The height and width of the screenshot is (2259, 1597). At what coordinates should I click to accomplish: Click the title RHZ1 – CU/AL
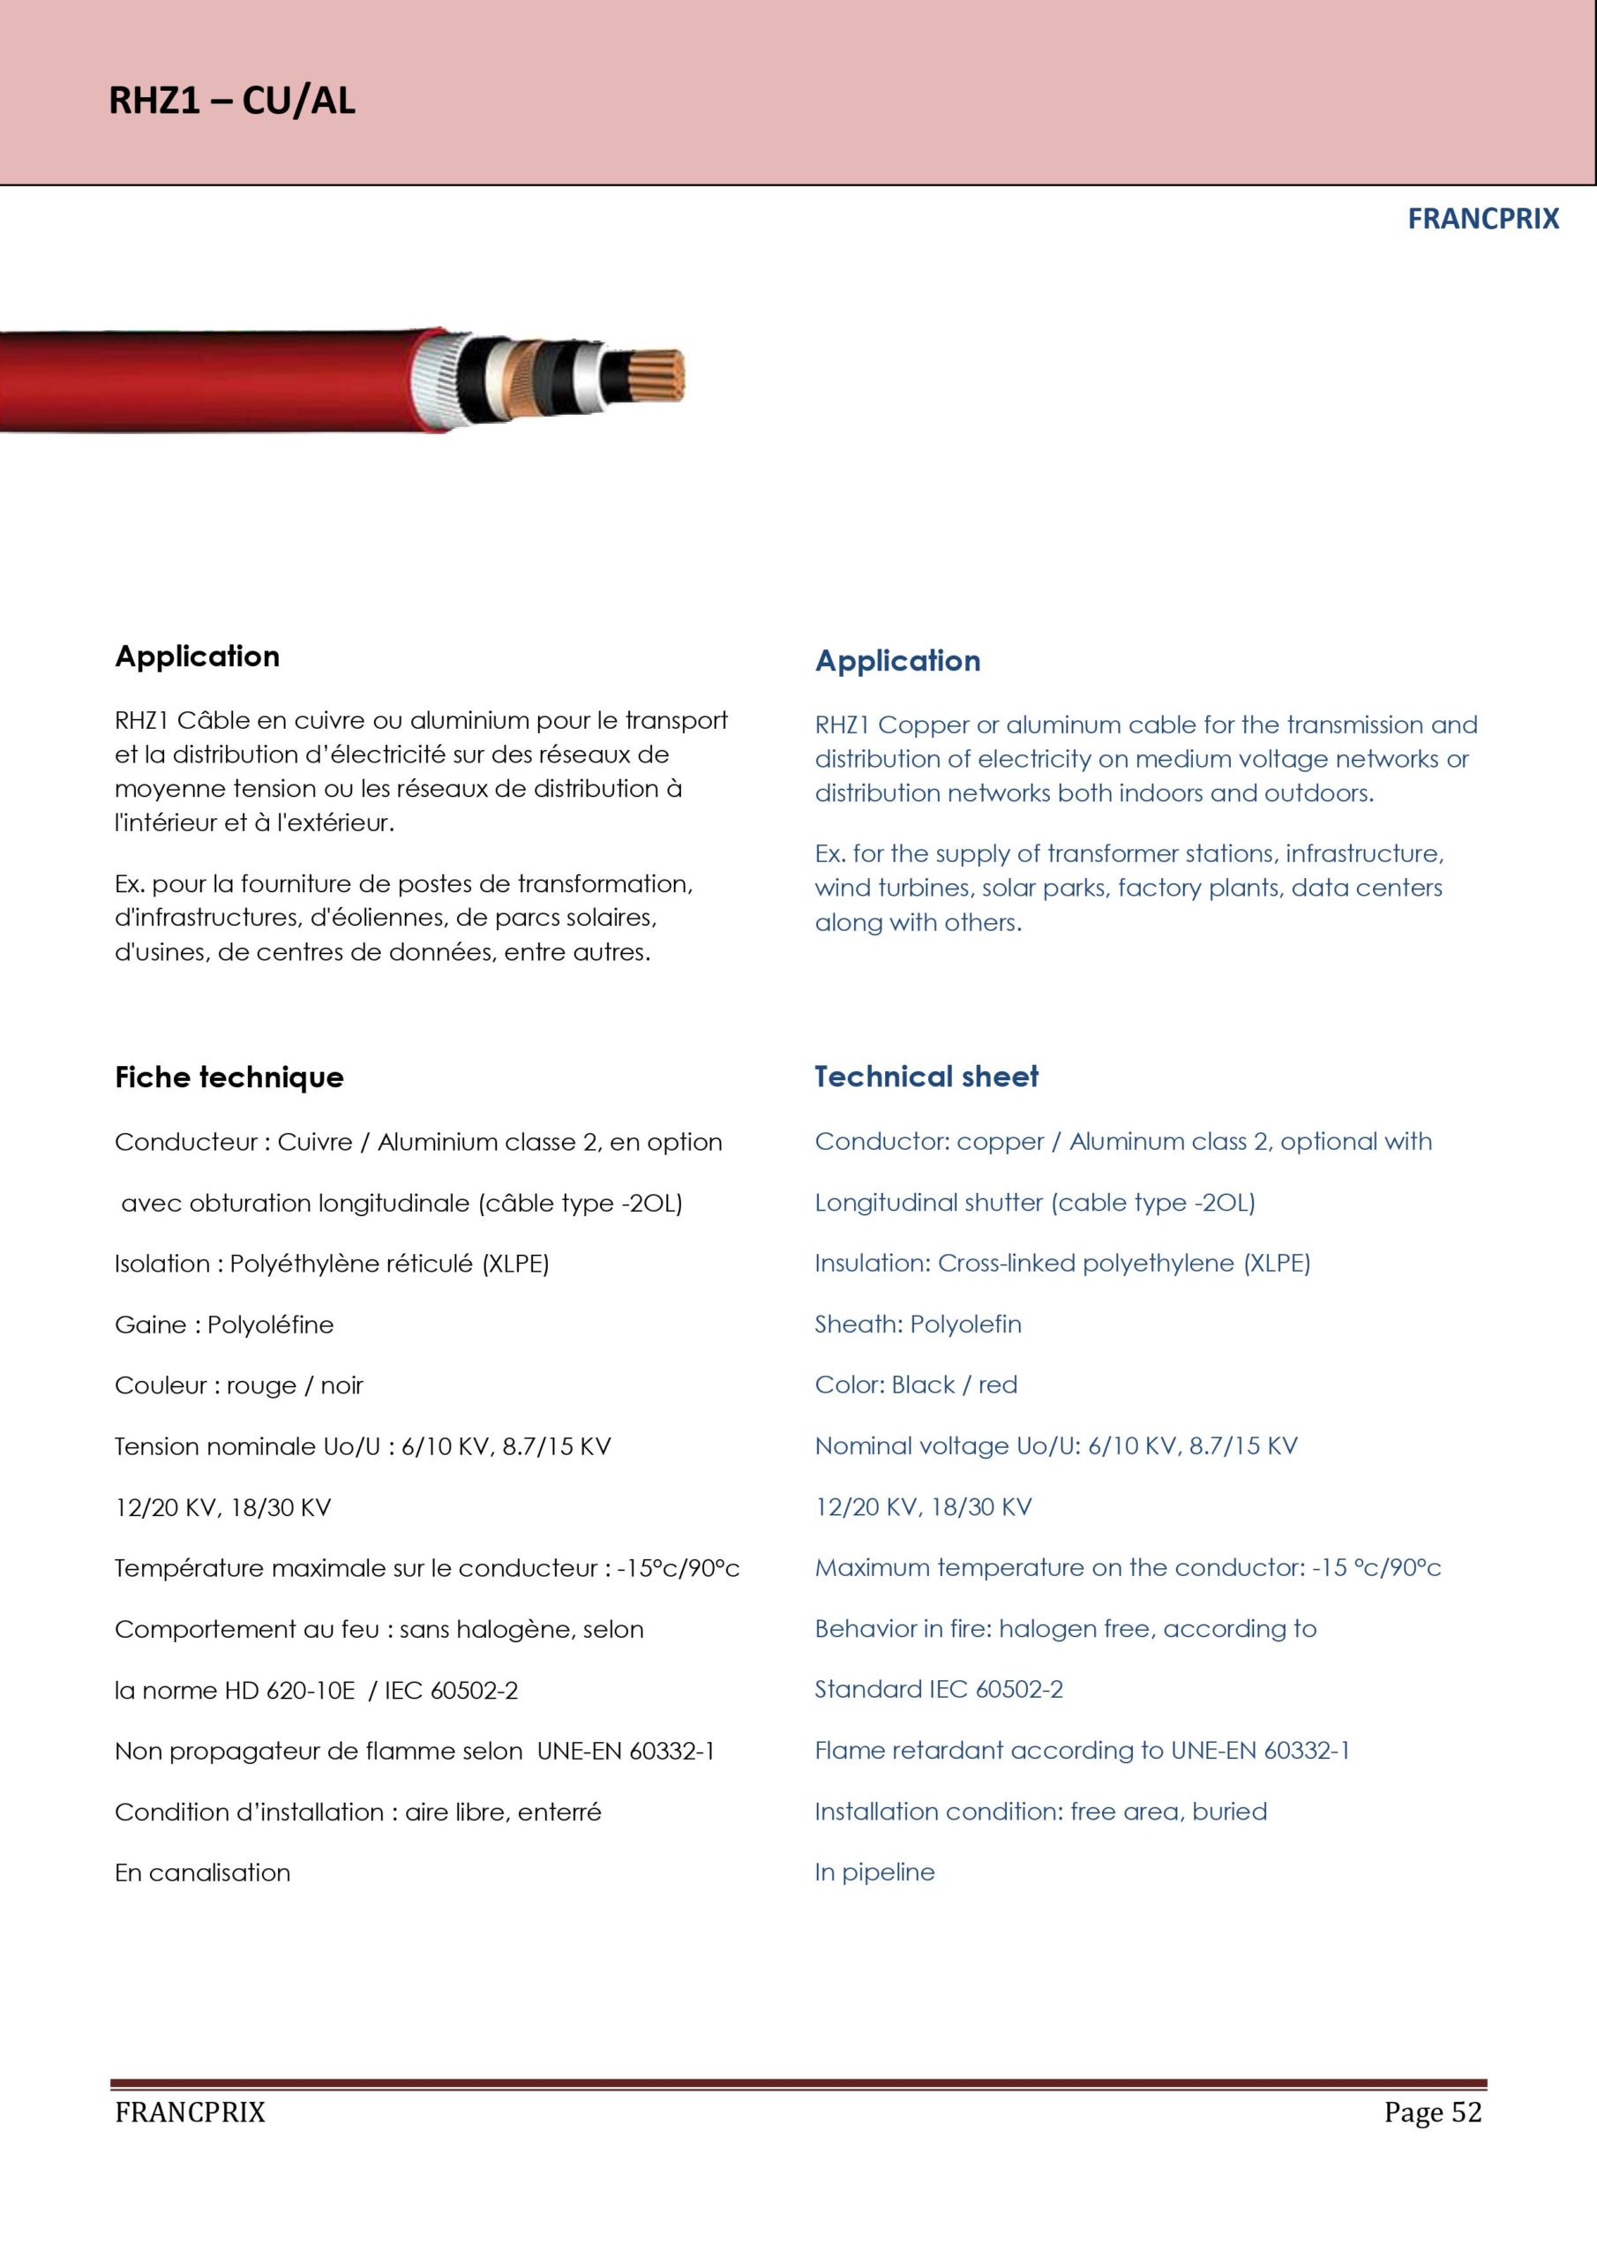[231, 101]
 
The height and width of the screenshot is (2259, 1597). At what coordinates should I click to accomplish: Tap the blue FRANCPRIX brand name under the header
[1482, 219]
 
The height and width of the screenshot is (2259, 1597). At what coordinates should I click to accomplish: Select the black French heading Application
[197, 657]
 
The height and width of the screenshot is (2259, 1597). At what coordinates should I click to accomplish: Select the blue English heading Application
[897, 661]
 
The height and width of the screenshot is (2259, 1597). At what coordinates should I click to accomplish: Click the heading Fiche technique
[229, 1077]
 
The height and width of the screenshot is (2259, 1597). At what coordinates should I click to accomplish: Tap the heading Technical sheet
[926, 1077]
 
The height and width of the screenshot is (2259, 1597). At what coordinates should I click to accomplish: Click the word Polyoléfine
[271, 1325]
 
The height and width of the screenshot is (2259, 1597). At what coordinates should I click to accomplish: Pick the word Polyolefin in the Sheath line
[965, 1325]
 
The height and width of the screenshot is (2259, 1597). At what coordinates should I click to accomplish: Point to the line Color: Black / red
[915, 1385]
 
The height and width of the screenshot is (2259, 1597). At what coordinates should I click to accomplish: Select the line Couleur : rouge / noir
[239, 1386]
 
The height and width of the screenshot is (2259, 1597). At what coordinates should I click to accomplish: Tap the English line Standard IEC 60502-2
[938, 1691]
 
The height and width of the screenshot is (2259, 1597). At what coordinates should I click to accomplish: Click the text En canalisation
[203, 1873]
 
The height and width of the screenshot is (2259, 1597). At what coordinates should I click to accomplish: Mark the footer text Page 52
[1432, 2113]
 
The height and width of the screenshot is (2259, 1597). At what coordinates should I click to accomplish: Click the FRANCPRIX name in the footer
[190, 2113]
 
